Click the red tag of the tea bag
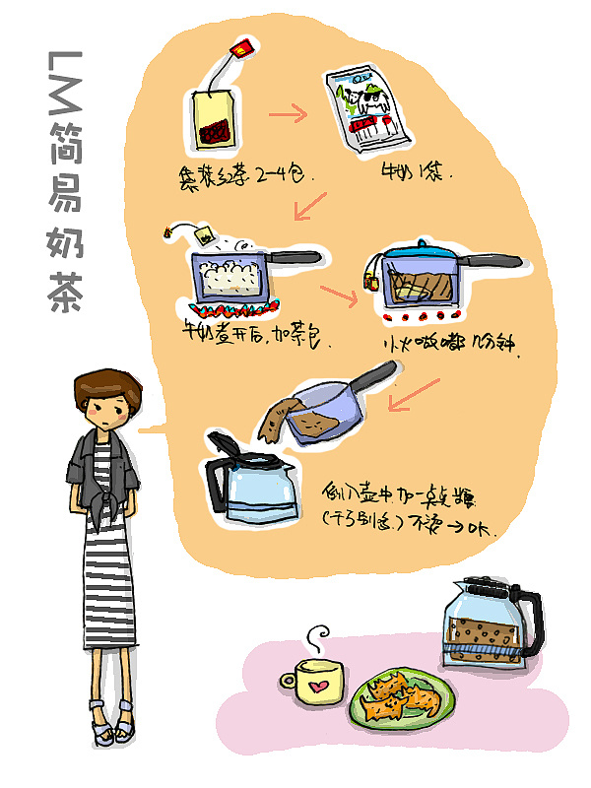242,46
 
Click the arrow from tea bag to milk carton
287,114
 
